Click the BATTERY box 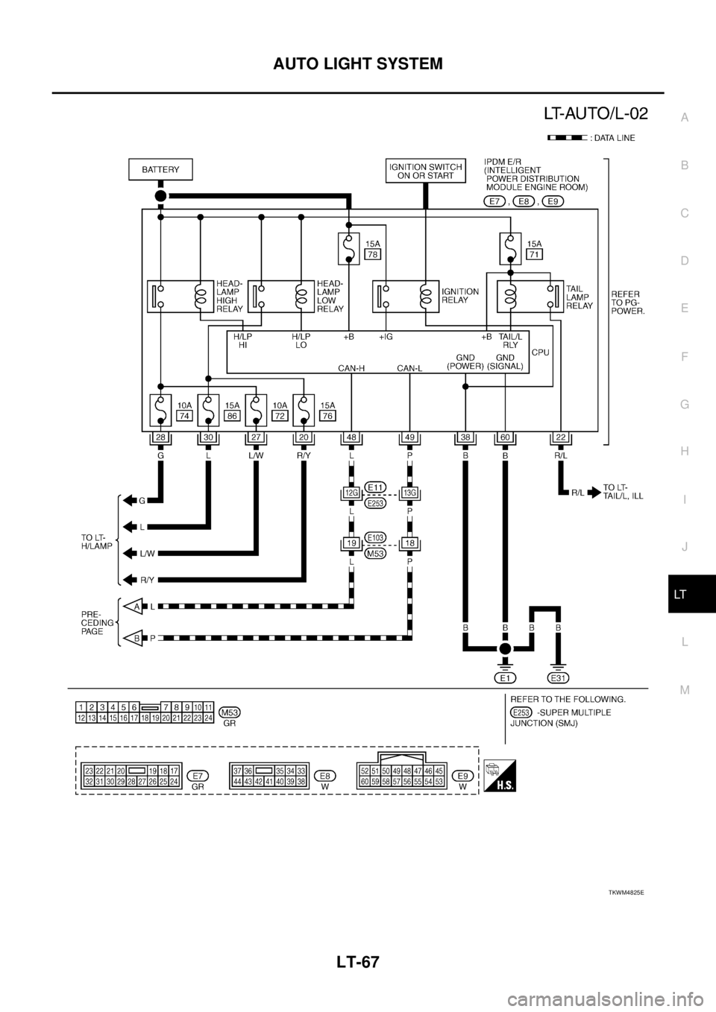(160, 169)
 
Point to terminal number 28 (160, 437)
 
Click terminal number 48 (351, 437)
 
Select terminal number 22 (560, 437)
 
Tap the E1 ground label (505, 677)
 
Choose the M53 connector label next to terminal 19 (375, 553)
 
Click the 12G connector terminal (351, 492)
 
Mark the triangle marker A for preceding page (134, 607)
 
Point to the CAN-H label (351, 367)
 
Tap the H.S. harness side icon (499, 776)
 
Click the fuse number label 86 (232, 417)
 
